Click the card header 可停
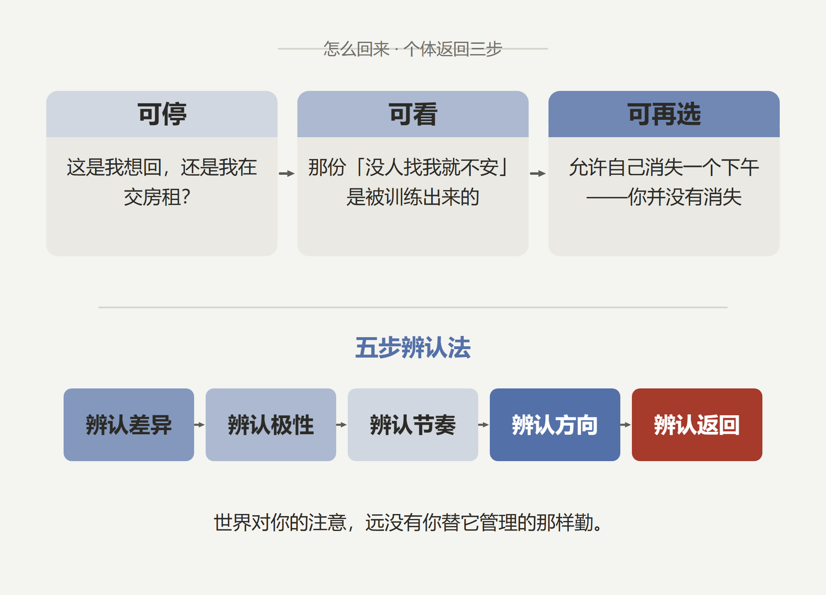point(162,114)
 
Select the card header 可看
point(413,114)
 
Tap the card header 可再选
point(664,114)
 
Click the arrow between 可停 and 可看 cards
point(287,174)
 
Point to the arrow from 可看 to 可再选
point(538,174)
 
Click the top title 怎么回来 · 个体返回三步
point(413,49)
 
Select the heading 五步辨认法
point(413,347)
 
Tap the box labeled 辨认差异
point(129,425)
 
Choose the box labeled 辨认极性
point(271,425)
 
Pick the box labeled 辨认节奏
point(413,425)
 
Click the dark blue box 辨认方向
point(555,425)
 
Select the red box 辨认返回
point(697,425)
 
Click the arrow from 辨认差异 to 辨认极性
point(199,425)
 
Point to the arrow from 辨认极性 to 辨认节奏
point(342,425)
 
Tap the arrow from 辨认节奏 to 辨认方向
point(484,425)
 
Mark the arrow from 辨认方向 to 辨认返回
point(626,425)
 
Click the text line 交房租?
point(157,197)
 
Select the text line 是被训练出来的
point(413,197)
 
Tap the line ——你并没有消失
point(664,197)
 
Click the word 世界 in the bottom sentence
point(233,523)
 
